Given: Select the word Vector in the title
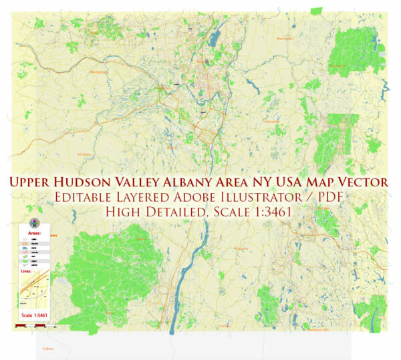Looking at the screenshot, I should coord(364,182).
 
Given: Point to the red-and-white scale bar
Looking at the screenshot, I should coord(30,325).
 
